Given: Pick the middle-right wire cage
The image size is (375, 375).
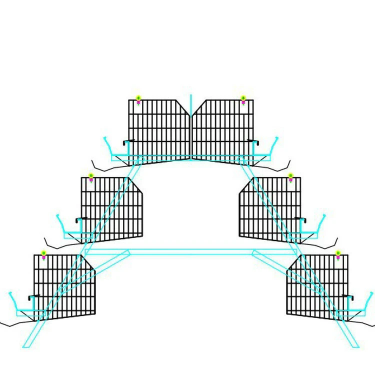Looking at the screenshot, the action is coord(270,207).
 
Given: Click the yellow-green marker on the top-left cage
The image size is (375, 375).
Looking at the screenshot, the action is coord(138,98).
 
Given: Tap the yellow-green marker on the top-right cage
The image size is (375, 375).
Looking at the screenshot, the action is coord(243,98).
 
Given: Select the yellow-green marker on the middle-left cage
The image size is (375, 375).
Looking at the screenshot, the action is coord(91,175).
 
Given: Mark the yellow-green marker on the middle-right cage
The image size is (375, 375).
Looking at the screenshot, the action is coord(290,175).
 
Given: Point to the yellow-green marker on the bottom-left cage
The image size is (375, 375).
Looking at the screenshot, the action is coord(43,253).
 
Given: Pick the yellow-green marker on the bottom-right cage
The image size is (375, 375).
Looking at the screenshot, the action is coord(338,253).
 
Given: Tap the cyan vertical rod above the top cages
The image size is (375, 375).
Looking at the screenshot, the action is coord(190,100).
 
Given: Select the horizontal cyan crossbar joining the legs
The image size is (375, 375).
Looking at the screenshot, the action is coord(190,249).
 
